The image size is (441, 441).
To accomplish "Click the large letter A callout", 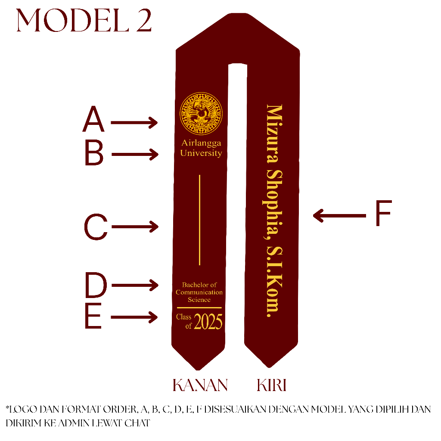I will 93,120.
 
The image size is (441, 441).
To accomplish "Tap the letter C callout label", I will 95,227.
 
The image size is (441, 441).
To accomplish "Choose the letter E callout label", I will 93,318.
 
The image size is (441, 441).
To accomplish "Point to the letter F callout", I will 382,214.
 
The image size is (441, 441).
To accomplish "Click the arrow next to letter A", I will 134,122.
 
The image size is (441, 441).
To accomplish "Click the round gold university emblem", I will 201,114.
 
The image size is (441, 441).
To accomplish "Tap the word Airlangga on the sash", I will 201,143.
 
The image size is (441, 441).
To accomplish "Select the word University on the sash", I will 201,153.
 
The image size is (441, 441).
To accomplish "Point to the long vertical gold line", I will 199,220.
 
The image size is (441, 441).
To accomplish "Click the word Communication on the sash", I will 199,292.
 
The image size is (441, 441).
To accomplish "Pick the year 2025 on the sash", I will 208,322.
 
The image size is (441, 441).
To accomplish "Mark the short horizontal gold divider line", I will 199,307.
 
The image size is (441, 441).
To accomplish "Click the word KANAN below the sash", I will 200,385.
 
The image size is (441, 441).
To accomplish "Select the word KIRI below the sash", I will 272,385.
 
